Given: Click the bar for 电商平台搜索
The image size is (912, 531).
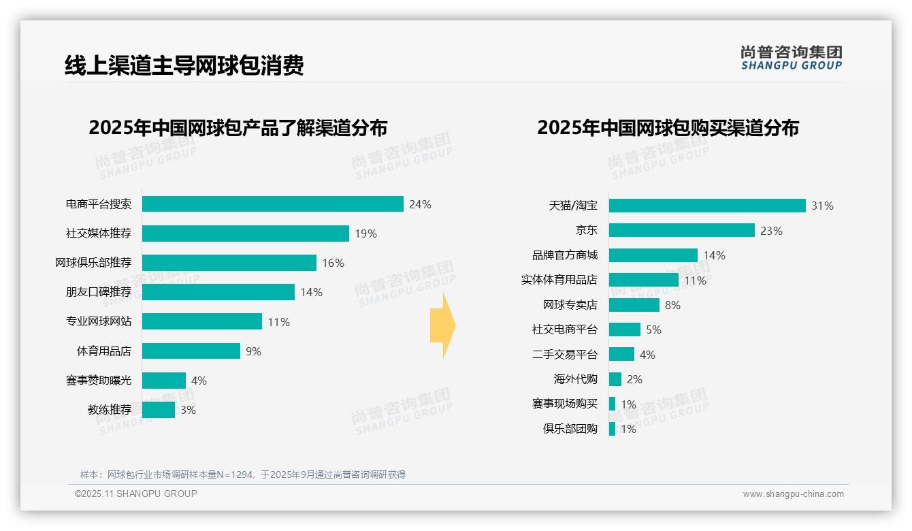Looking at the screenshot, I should click(x=272, y=204).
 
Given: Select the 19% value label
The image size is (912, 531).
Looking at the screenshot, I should click(x=365, y=234).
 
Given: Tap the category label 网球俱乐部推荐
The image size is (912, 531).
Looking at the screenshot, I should click(x=93, y=263).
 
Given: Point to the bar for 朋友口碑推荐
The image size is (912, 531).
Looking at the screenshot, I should click(x=218, y=292).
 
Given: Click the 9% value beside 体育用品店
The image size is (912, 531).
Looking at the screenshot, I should click(x=253, y=351).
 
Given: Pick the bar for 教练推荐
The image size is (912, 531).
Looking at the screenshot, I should click(x=158, y=410).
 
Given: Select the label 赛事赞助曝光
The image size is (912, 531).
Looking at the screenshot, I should click(x=99, y=381).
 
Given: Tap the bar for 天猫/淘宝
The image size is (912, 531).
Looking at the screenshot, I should click(x=707, y=206).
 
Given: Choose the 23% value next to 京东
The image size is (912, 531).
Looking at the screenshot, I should click(x=771, y=231).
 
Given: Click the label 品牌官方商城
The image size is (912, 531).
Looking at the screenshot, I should click(x=565, y=255).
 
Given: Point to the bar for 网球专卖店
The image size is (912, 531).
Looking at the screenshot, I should click(x=634, y=305).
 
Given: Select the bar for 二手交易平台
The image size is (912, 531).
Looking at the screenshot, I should click(x=621, y=355).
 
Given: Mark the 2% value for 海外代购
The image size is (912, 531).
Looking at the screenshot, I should click(x=634, y=379).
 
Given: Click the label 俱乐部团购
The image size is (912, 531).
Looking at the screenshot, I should click(x=570, y=429).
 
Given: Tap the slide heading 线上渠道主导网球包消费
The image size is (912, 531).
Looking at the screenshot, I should click(x=184, y=65).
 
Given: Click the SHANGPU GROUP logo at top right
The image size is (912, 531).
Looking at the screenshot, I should click(x=791, y=58).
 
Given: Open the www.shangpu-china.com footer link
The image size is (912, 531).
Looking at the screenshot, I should click(x=793, y=494).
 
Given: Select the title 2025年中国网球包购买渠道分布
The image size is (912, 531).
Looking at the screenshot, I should click(x=668, y=128).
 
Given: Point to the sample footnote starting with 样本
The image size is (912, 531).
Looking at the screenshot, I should click(x=243, y=474).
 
